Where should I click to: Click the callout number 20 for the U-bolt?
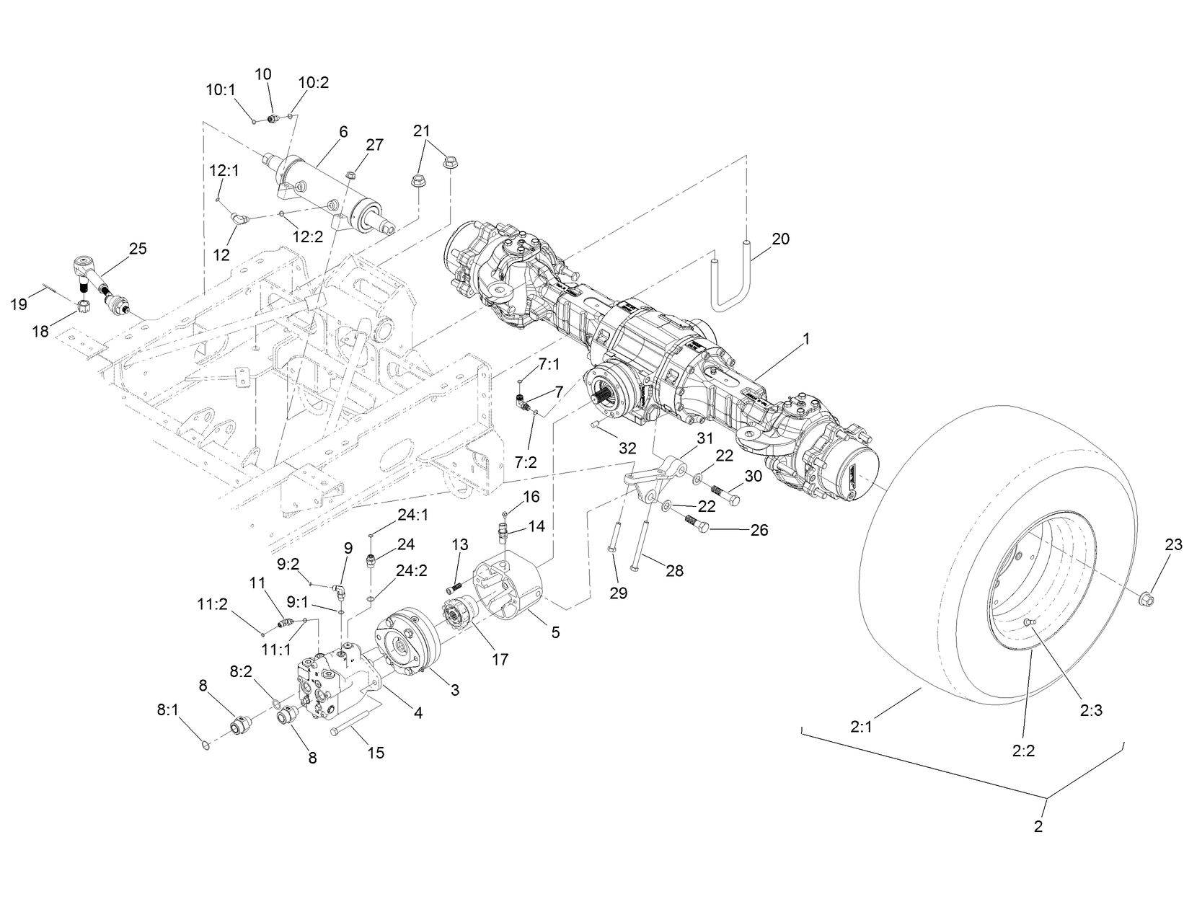tap(780, 239)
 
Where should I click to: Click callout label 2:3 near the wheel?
tap(1091, 709)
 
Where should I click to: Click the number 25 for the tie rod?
tap(137, 249)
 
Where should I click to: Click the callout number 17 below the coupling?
tap(499, 658)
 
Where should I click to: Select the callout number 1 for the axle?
tap(806, 338)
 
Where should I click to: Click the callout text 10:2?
tap(314, 83)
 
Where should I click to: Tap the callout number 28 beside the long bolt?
tap(674, 570)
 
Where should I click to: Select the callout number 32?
tap(627, 448)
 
